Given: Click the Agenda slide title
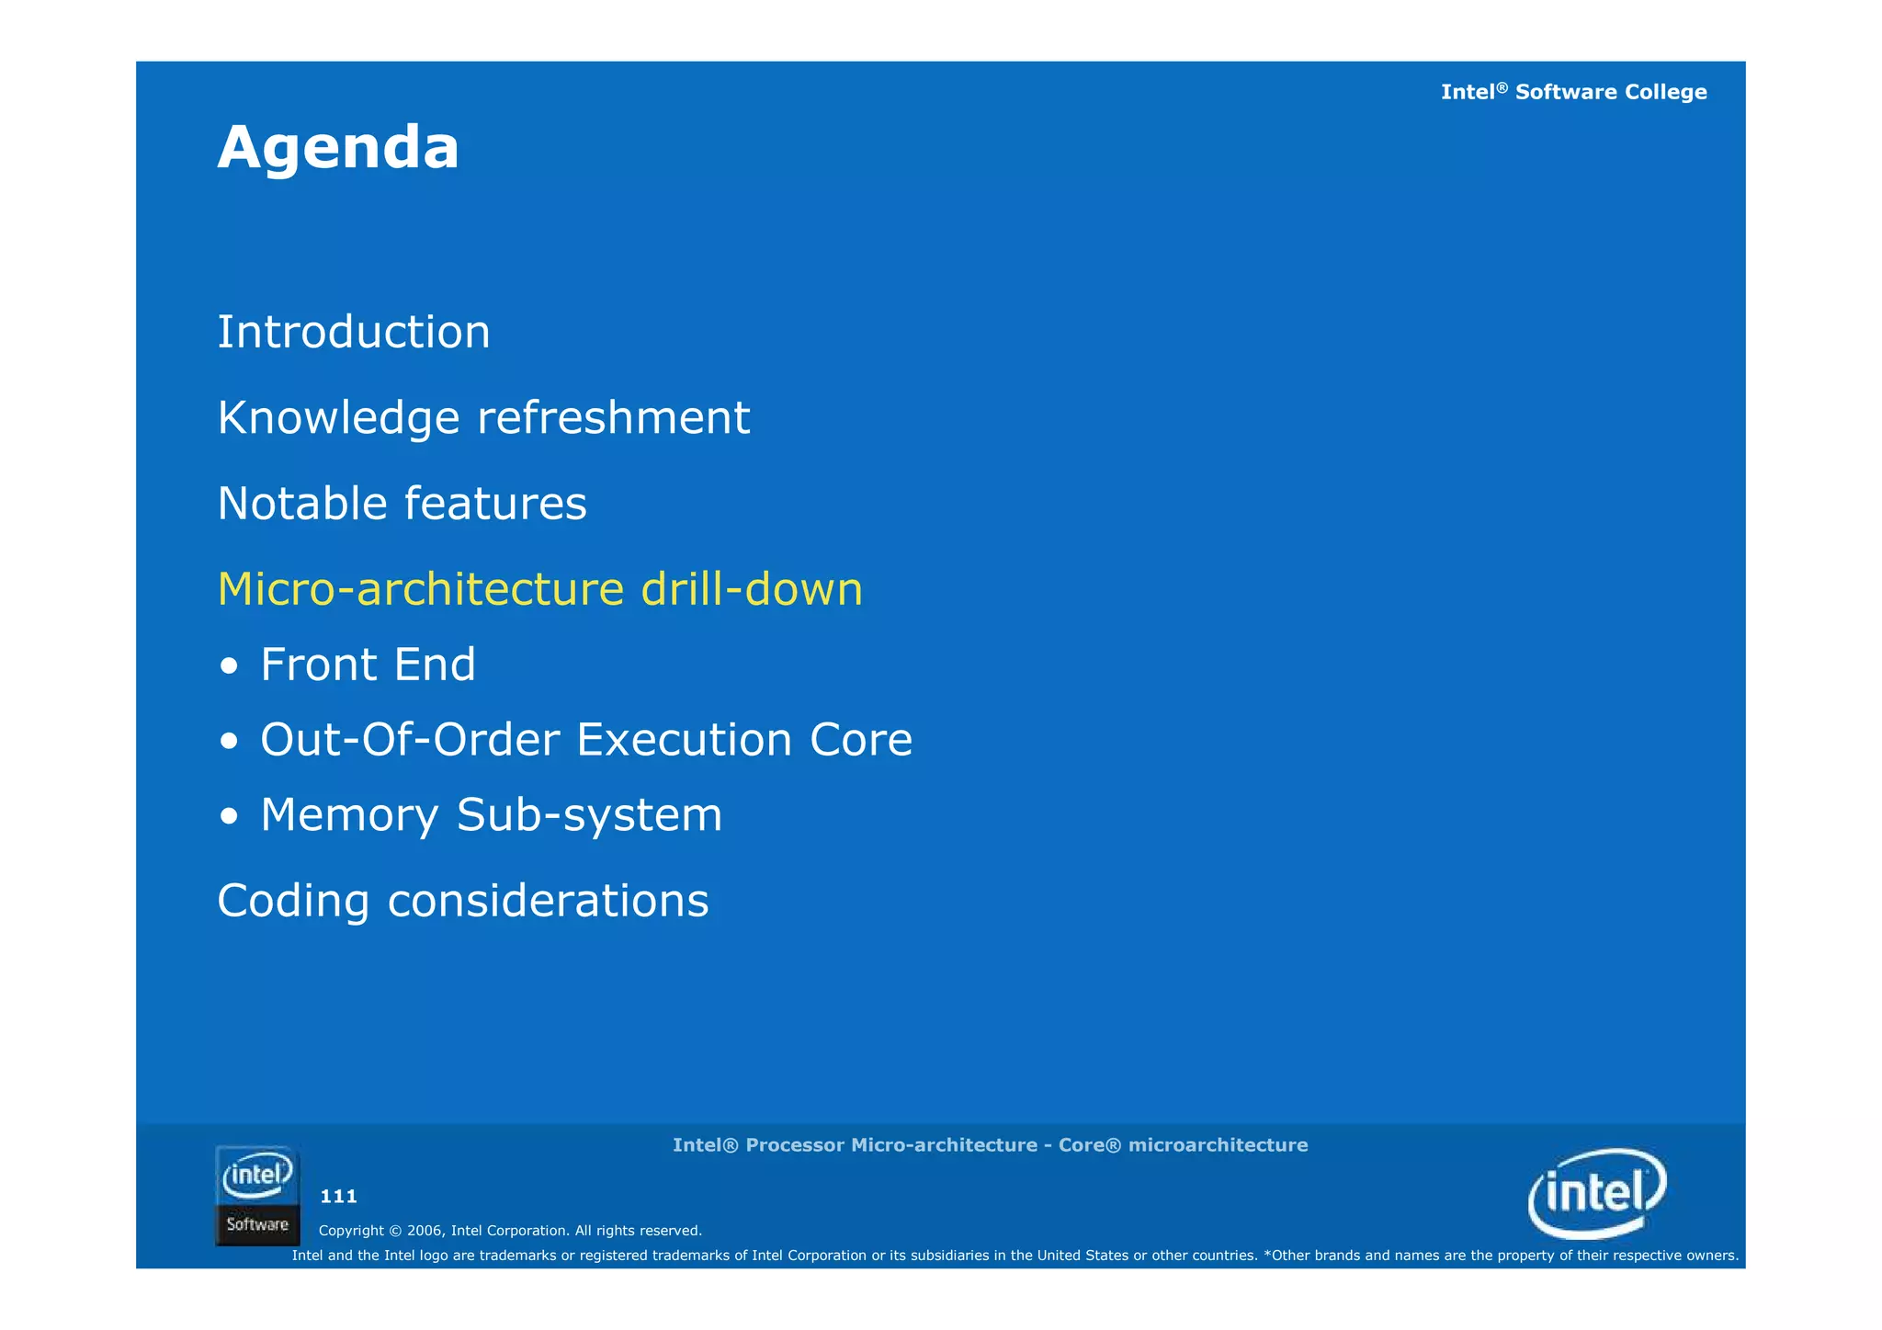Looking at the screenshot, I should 338,148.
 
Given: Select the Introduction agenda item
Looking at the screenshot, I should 354,332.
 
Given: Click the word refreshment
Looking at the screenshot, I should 613,418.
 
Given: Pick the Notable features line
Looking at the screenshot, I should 402,504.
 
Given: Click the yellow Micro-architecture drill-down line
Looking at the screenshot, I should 539,589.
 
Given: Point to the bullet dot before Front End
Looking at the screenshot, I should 230,665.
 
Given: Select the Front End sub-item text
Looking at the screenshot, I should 368,665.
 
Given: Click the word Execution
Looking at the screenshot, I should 684,740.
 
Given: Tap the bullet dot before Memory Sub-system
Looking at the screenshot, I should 230,816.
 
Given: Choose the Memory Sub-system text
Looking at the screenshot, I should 491,815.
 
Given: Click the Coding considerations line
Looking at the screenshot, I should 462,901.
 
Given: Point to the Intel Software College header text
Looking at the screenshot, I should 1573,92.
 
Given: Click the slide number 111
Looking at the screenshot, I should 338,1197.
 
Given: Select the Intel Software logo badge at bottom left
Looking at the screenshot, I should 257,1196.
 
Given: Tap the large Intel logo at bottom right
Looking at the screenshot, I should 1597,1193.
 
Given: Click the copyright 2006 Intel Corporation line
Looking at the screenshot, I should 510,1231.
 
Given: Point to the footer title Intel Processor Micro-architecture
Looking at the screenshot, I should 990,1145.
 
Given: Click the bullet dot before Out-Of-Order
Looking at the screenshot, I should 230,741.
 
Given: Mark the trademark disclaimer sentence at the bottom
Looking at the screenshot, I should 1015,1256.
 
